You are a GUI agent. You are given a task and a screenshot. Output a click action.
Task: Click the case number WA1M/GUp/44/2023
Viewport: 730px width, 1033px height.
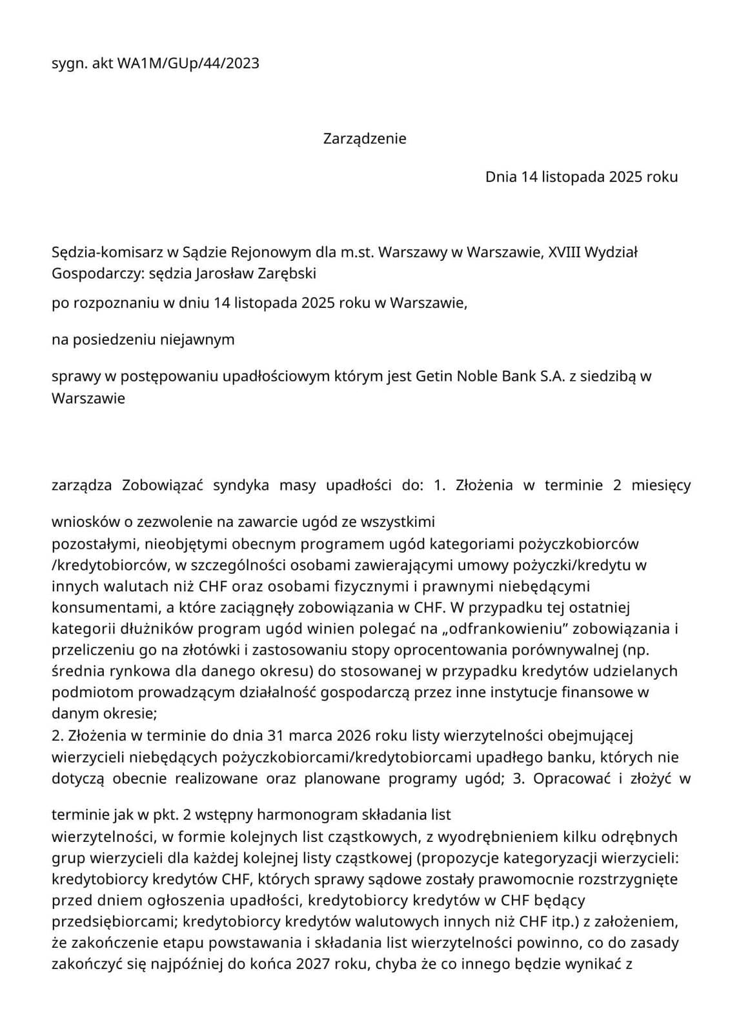pyautogui.click(x=188, y=63)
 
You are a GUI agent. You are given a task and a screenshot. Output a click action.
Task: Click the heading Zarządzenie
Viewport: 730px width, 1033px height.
pyautogui.click(x=365, y=138)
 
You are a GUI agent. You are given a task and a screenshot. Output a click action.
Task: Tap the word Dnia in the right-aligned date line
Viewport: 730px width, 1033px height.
pyautogui.click(x=502, y=176)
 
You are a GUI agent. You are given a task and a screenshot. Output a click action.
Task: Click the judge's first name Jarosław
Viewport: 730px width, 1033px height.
pyautogui.click(x=223, y=273)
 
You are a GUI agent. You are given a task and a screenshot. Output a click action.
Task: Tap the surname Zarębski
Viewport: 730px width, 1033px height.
pyautogui.click(x=287, y=273)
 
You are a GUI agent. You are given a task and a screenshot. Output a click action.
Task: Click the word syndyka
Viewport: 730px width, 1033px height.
pyautogui.click(x=241, y=485)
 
